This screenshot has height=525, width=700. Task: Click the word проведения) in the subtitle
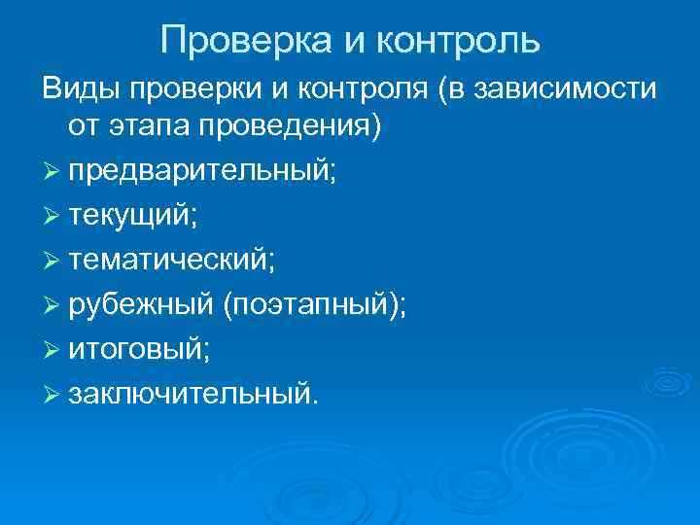291,126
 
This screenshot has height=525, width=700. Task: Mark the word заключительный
191,394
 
